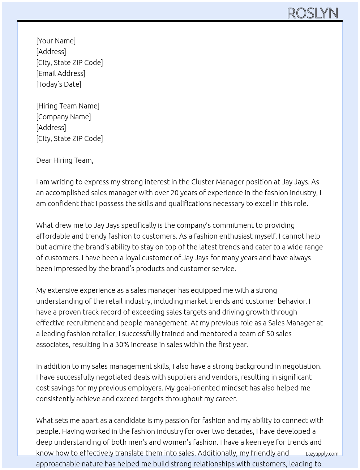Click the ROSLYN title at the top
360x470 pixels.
312,13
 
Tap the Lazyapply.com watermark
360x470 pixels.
322,454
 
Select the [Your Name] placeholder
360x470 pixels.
56,41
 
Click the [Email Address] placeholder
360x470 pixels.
61,73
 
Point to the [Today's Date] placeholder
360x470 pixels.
59,84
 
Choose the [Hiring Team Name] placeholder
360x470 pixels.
68,106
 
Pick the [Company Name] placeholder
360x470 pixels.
63,117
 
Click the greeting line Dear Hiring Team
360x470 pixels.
65,160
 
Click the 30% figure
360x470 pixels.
122,345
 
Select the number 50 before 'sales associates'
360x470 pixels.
270,334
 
